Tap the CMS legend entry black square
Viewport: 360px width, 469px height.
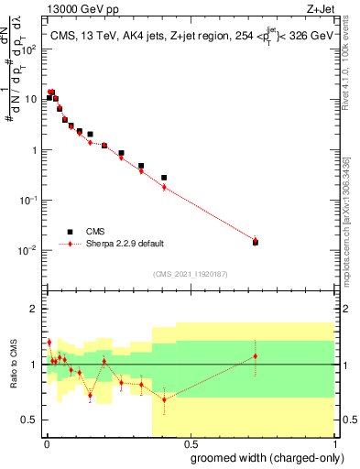(x=70, y=232)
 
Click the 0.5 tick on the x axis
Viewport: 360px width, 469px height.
(x=190, y=443)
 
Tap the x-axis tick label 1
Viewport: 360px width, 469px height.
(x=334, y=443)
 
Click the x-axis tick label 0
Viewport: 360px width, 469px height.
(x=46, y=443)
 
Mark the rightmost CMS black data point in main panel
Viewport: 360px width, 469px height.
(x=255, y=242)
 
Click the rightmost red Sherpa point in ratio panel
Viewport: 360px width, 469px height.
(x=255, y=355)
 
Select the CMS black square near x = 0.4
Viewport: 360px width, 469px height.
(x=164, y=178)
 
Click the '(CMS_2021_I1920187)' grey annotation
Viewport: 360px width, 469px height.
(x=189, y=273)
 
